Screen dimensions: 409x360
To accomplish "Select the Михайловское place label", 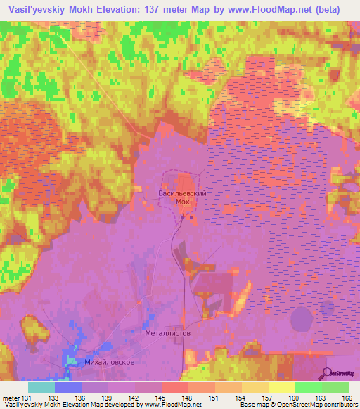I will [108, 362].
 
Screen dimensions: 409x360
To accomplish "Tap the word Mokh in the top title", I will [88, 9].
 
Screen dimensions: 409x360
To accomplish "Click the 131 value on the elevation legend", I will [26, 398].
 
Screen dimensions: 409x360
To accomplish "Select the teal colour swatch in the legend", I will [41, 387].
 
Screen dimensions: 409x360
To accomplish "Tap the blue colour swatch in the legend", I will [68, 387].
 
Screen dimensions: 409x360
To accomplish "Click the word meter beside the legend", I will [10, 398].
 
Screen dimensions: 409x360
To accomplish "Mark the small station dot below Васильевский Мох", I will [183, 216].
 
